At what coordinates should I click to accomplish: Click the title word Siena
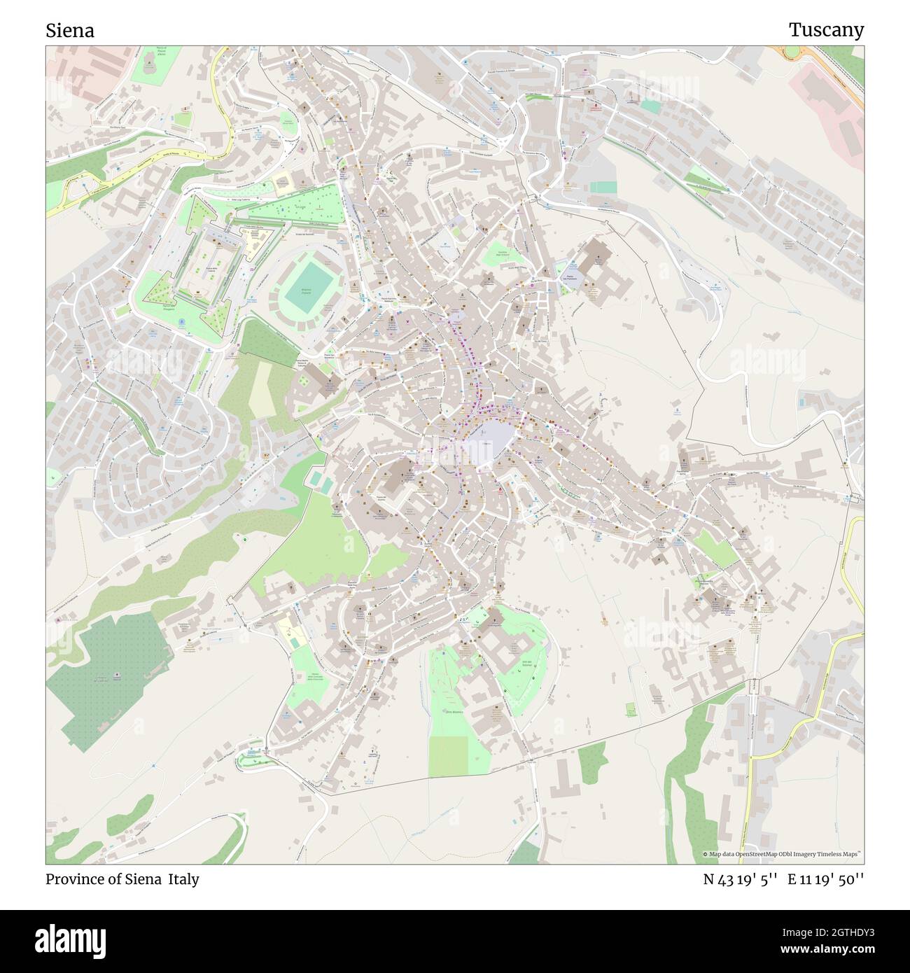pyautogui.click(x=70, y=30)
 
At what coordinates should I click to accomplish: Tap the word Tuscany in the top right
pyautogui.click(x=826, y=29)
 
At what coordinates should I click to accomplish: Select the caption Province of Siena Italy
pyautogui.click(x=122, y=879)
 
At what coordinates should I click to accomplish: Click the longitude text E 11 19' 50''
pyautogui.click(x=826, y=879)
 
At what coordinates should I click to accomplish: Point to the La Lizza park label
pyautogui.click(x=302, y=207)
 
